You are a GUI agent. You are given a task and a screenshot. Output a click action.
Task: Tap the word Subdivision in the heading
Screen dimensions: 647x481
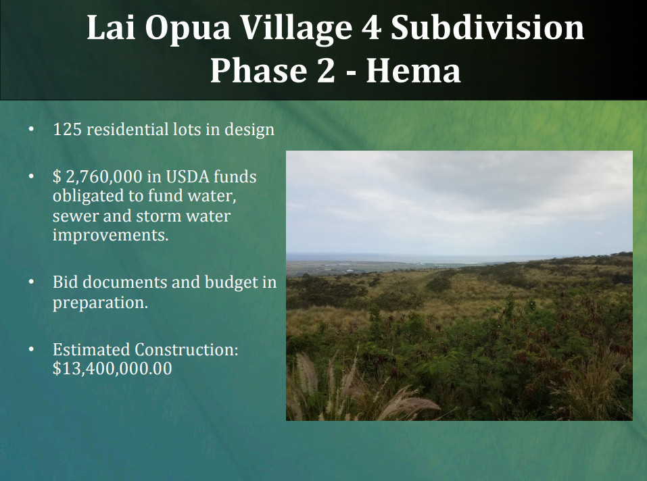[487, 27]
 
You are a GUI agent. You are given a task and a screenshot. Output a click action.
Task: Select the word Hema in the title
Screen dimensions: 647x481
[414, 70]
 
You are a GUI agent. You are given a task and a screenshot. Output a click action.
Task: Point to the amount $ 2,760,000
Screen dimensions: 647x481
[97, 177]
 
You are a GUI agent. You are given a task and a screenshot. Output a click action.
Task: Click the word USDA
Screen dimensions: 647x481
[187, 176]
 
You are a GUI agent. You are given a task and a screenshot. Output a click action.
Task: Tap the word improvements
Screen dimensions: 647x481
[111, 235]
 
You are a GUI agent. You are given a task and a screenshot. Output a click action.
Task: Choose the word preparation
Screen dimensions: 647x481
[100, 303]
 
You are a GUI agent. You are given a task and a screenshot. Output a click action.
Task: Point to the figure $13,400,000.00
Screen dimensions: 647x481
[112, 368]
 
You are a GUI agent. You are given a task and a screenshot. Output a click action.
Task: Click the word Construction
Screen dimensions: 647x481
[187, 349]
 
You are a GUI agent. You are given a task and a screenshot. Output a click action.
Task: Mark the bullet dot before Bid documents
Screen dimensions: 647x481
[31, 282]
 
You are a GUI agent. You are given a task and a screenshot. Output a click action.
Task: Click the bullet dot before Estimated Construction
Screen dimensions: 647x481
[31, 349]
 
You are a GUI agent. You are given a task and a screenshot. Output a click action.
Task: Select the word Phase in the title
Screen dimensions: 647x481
[258, 70]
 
